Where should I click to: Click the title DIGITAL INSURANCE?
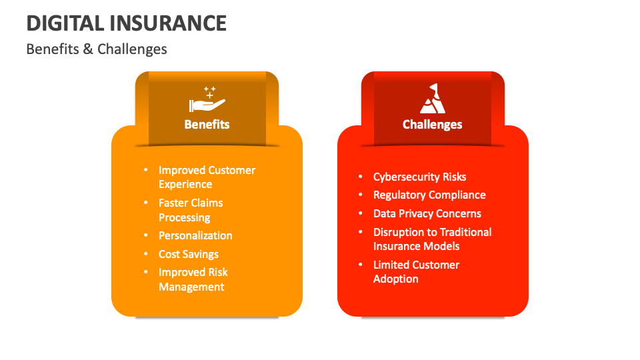click(127, 23)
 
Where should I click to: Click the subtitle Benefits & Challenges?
click(97, 49)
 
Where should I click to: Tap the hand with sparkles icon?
click(207, 100)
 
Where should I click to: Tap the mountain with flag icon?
click(432, 99)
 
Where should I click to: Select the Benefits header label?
click(207, 124)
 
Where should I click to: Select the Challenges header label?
click(432, 124)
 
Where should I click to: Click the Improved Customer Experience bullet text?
click(207, 177)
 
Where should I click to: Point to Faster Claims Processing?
click(191, 210)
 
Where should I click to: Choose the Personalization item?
click(195, 235)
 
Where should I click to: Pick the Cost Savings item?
click(189, 254)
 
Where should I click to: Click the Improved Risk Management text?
click(193, 279)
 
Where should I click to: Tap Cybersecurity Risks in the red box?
click(419, 177)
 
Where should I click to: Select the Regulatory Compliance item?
click(429, 195)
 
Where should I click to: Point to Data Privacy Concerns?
click(427, 213)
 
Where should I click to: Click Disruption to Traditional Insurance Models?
click(432, 239)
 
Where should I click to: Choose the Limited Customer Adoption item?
click(416, 271)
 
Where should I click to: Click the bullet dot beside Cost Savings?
click(146, 254)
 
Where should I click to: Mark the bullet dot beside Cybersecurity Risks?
click(361, 177)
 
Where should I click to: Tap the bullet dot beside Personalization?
click(146, 235)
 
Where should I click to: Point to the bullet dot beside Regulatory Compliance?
click(361, 195)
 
